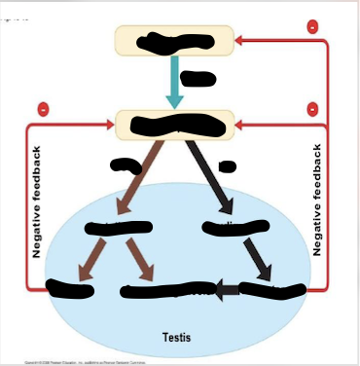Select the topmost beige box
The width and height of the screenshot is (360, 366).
(x=174, y=41)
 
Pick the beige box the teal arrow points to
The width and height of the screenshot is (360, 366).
(x=174, y=124)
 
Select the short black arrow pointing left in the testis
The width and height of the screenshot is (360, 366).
(x=226, y=288)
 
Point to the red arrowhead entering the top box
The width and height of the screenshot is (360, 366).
(x=241, y=41)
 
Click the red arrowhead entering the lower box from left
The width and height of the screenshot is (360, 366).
(x=109, y=125)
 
